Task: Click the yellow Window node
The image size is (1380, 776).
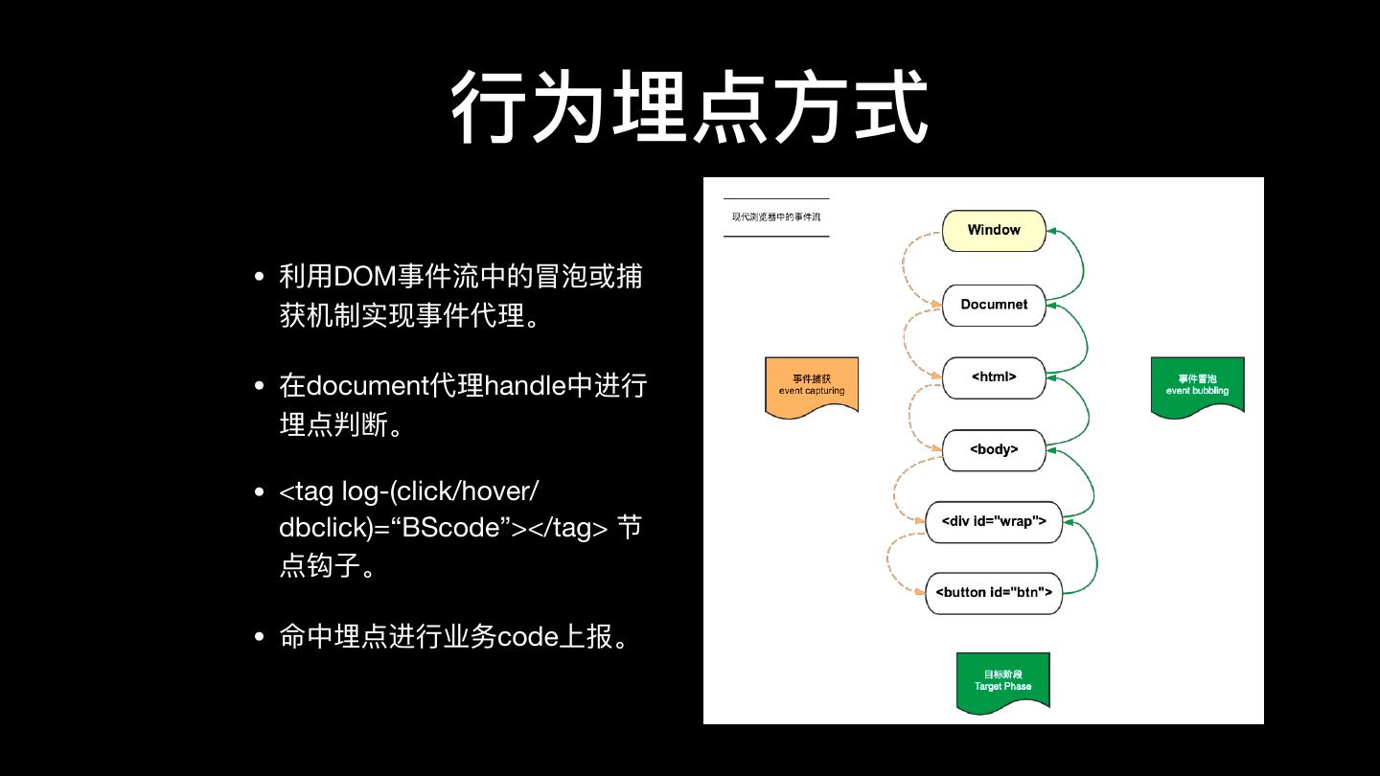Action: click(x=994, y=230)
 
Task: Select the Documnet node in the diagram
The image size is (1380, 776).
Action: click(x=994, y=305)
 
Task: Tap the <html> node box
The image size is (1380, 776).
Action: click(x=994, y=377)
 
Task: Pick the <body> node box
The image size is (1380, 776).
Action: click(x=994, y=449)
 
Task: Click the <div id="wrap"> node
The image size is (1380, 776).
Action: click(x=994, y=522)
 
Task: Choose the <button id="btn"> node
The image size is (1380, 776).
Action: click(x=994, y=593)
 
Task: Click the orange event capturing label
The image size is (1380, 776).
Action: click(x=812, y=385)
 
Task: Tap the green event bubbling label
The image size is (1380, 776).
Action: click(x=1197, y=385)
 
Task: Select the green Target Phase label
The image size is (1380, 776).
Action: click(x=1003, y=681)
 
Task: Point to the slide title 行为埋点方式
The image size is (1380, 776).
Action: click(x=690, y=107)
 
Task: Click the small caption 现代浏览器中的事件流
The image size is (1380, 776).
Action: click(x=776, y=217)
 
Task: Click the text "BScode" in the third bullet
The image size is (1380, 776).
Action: click(x=454, y=528)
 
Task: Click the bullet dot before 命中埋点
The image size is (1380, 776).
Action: click(x=260, y=637)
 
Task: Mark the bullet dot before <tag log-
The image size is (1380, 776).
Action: click(x=260, y=492)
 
